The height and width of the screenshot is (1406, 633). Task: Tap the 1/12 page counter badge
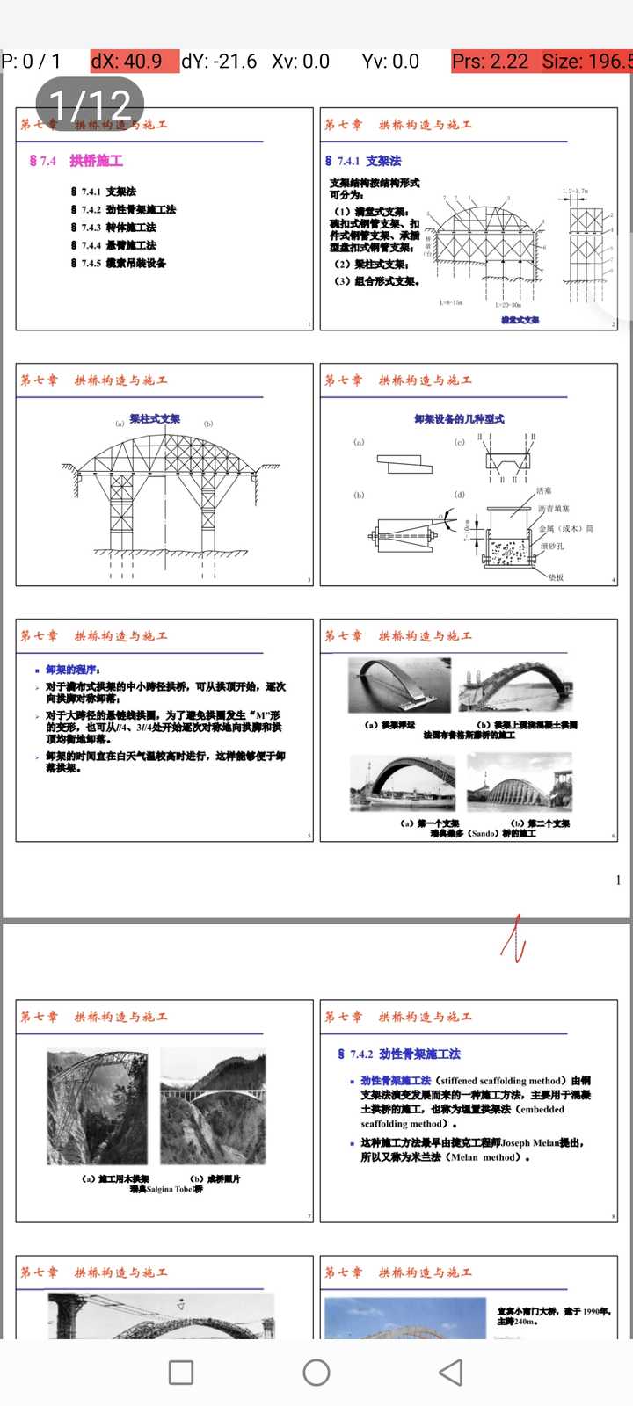(90, 104)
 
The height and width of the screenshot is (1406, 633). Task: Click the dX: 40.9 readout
(134, 62)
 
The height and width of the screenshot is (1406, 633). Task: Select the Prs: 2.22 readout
(491, 62)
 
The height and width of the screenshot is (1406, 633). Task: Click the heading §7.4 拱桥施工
(76, 161)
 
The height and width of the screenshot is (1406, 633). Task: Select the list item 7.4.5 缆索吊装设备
(119, 264)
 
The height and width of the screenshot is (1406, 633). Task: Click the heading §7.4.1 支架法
(363, 161)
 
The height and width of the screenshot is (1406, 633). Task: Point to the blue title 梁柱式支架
(155, 419)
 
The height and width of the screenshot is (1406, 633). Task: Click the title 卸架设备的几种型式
(459, 419)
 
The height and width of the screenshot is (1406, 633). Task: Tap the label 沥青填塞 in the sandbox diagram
(554, 509)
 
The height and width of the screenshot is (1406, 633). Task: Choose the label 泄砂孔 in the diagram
(552, 547)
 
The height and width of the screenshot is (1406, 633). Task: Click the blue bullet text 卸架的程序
(73, 670)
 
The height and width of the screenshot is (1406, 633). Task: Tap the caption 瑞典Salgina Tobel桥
(166, 1189)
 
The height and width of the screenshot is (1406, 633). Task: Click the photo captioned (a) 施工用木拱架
(98, 1107)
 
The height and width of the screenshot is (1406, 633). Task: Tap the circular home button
(316, 1373)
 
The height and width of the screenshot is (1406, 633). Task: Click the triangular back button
(451, 1373)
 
